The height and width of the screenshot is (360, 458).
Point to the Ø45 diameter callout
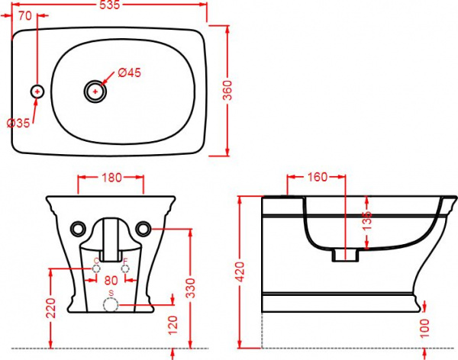(x=130, y=73)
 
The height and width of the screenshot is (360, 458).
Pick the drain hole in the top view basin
(x=95, y=92)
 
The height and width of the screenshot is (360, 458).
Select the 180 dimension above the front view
(x=111, y=178)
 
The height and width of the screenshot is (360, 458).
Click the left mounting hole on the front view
(x=77, y=228)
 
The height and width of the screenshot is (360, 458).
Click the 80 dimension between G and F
(x=111, y=280)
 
